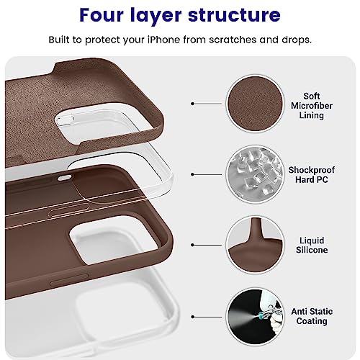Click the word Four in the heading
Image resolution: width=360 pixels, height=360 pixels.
tap(102, 15)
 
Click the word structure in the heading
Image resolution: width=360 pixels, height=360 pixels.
tap(234, 15)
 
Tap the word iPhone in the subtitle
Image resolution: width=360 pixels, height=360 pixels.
tap(163, 40)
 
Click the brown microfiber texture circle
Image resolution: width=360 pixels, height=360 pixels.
tap(255, 104)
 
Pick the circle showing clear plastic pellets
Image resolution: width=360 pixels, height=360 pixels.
tap(255, 174)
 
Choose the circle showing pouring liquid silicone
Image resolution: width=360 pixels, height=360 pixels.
tap(255, 245)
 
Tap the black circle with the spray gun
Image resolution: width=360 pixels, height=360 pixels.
tap(255, 317)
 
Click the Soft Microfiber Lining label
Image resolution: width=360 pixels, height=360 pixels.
tap(312, 106)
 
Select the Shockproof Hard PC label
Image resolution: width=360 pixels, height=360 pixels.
tap(312, 175)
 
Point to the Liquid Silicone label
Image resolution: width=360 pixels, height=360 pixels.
tap(312, 245)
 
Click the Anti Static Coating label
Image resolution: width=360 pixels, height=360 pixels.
tap(312, 316)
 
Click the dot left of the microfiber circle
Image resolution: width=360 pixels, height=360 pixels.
tap(192, 104)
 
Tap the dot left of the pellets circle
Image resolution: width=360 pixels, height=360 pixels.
tap(192, 174)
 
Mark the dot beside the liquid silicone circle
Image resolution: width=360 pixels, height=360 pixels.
tap(192, 245)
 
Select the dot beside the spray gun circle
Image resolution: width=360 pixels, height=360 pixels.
tap(192, 317)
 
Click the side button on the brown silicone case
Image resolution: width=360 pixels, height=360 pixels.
tap(69, 279)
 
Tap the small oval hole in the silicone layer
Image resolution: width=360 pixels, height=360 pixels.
tap(65, 178)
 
